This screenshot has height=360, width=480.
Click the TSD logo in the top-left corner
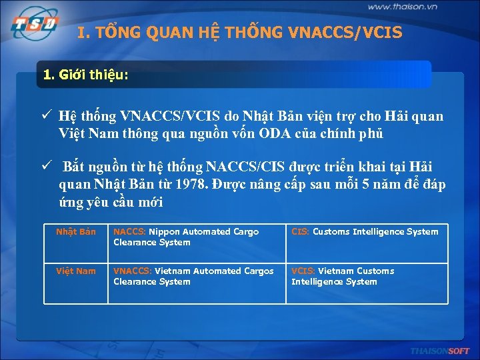coord(33,25)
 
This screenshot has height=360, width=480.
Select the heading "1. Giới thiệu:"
coord(85,75)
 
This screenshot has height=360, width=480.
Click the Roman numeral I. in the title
coord(83,32)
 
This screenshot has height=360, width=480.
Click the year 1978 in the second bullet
coord(195,185)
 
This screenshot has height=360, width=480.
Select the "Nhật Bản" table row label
coord(76,232)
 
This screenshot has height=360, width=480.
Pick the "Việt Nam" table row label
coord(76,271)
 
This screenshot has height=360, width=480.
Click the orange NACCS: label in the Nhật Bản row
coord(129,232)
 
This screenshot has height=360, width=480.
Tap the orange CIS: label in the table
coord(300,232)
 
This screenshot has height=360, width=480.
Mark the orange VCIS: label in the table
coord(303,271)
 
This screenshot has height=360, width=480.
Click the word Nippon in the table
coord(164,232)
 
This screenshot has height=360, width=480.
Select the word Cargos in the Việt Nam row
coord(256,271)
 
